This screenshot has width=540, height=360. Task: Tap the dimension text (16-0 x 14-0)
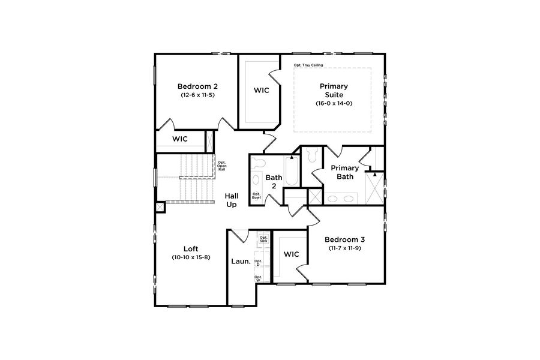click(x=334, y=103)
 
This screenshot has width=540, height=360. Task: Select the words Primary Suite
click(x=334, y=91)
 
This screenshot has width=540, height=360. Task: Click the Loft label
click(x=191, y=248)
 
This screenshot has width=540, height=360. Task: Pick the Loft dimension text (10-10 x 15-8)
click(x=191, y=257)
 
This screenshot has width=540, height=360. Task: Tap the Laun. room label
click(x=241, y=262)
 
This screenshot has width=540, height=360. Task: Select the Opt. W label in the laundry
click(x=258, y=278)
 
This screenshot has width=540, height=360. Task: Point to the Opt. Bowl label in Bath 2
click(x=256, y=195)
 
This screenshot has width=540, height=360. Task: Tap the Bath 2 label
click(x=274, y=182)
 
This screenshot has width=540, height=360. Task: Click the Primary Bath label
click(x=345, y=172)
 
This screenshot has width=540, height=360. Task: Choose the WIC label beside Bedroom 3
click(x=291, y=254)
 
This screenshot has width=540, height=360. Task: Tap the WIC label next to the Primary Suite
click(x=261, y=91)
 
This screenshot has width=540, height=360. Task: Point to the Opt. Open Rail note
click(x=221, y=166)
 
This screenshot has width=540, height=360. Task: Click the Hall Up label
click(x=232, y=200)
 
